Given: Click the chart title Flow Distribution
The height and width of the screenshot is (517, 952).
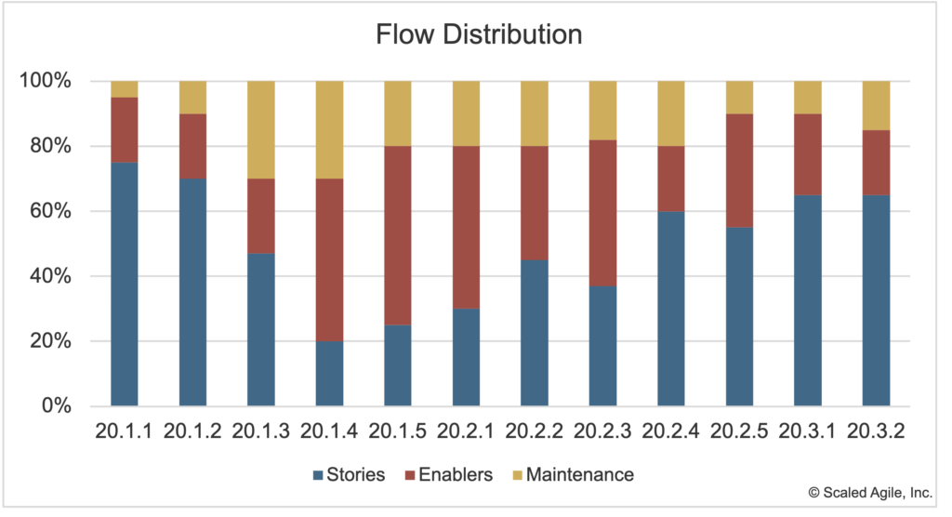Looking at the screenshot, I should [479, 35].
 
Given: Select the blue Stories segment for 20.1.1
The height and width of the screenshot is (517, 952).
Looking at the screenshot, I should [125, 284].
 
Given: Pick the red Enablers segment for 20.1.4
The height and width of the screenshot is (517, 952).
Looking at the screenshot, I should [329, 259].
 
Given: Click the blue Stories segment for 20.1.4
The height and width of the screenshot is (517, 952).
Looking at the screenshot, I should [329, 373].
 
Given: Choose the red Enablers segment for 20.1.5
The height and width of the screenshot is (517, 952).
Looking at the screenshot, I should [398, 235].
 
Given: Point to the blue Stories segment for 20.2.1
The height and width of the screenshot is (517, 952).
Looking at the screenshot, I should [466, 357].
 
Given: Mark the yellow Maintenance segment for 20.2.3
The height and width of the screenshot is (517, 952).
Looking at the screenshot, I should [602, 110].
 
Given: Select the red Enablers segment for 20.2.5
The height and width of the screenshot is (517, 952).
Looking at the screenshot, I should [739, 170].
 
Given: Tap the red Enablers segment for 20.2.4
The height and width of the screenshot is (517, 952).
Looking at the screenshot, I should [671, 179].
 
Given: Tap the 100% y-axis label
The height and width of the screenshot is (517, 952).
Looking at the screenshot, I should [46, 81].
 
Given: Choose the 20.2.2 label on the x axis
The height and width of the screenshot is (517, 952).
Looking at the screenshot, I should [535, 432].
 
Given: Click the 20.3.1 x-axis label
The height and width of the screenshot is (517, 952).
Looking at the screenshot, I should [808, 432].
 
